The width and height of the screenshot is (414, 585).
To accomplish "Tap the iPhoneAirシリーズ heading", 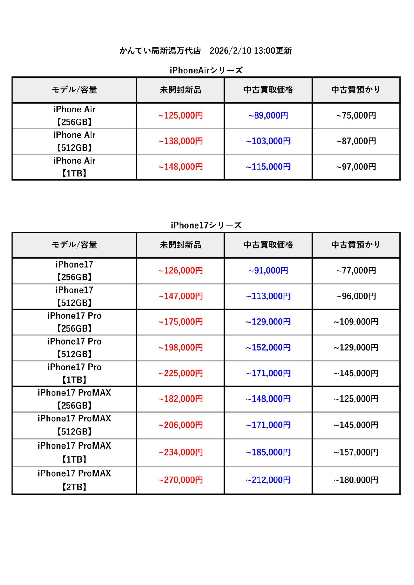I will point(206,70).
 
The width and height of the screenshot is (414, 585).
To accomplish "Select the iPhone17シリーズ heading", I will point(206,225).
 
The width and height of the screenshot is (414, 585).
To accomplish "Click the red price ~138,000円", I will point(180,141).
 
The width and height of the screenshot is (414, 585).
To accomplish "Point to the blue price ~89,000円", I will point(268,115).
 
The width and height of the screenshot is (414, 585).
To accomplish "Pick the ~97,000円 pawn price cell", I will point(356,167).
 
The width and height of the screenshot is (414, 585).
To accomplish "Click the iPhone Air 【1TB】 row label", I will point(74,167).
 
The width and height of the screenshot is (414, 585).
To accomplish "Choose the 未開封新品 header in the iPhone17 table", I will point(180,245).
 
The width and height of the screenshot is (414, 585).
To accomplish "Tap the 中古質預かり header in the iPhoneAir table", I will point(356,90).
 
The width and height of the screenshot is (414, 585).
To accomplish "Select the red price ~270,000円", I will point(180,480).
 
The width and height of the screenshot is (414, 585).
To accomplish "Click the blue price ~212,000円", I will point(268,480).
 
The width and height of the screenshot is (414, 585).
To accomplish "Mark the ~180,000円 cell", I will point(356,480).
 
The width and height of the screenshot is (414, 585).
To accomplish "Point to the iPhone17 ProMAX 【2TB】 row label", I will point(74,480).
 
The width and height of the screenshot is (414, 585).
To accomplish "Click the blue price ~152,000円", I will point(268,347).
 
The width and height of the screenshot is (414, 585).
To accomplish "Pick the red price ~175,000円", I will point(180,322).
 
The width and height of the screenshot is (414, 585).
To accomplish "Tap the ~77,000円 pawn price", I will point(356,270).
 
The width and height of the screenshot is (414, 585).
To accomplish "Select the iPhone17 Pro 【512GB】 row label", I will point(74,348).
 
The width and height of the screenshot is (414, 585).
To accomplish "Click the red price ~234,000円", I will point(180,452).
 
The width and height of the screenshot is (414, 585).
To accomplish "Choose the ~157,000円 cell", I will point(356,452).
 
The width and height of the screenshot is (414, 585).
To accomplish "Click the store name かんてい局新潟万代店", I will point(160,51).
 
